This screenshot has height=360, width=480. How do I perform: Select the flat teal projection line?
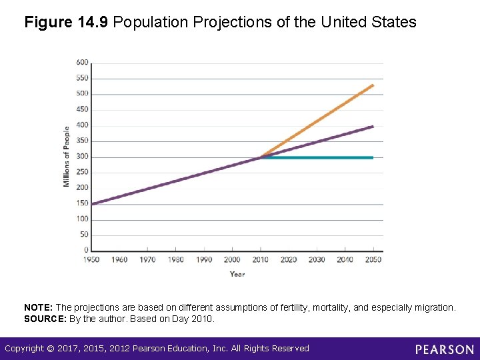pos(320,157)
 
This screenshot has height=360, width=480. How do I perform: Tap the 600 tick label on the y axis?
pos(82,62)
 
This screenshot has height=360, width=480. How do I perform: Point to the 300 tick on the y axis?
pos(82,157)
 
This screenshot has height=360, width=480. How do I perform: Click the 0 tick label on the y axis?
pos(85,250)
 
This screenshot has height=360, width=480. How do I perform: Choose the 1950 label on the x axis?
pos(91,259)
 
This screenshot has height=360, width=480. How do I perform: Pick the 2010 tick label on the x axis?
pos(261,259)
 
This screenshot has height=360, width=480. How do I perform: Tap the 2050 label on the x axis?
pos(373,259)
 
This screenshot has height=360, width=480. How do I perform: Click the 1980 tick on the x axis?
pos(176,259)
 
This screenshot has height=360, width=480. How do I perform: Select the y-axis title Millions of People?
pos(67,157)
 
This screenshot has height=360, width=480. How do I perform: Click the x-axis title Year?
pos(237,274)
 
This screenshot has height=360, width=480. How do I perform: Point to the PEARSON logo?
pos(445,349)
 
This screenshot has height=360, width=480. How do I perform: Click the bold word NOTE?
pos(39,307)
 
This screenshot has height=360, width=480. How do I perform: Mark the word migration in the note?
pos(432,307)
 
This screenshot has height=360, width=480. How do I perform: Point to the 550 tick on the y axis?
pos(82,78)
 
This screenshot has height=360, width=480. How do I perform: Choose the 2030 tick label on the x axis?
pos(317,259)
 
